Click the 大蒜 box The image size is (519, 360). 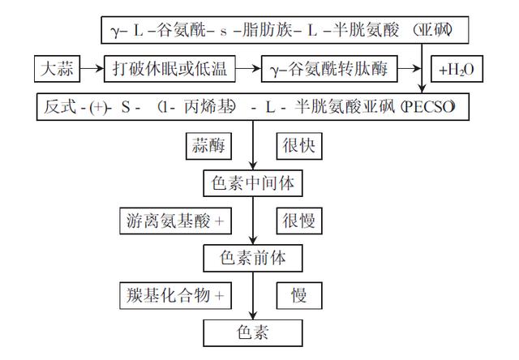[x=58, y=70]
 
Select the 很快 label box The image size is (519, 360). [x=298, y=146]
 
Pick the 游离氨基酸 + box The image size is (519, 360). [x=174, y=221]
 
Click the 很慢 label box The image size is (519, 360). [x=298, y=221]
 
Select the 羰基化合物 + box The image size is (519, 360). [x=174, y=296]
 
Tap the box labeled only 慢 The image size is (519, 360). [x=298, y=296]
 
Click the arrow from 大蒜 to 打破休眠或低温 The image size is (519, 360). [x=92, y=70]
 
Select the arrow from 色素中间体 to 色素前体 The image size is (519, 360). [x=252, y=221]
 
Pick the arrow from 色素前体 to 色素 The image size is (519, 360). [x=252, y=296]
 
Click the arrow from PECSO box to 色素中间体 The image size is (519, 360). [x=252, y=146]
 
